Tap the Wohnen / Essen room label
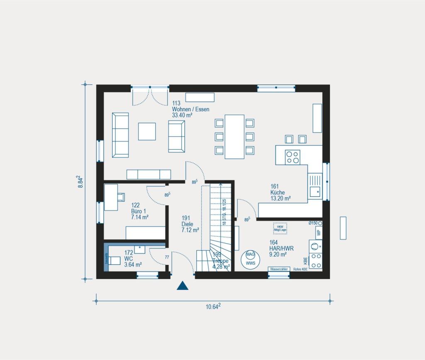coord(191,110)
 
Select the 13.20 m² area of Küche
coord(280,198)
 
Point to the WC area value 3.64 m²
coord(133,264)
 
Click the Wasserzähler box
coord(278,269)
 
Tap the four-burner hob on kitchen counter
coord(292,156)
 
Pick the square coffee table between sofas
coord(147,131)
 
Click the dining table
coord(234,137)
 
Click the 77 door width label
coord(167,257)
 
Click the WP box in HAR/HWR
coord(319,233)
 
